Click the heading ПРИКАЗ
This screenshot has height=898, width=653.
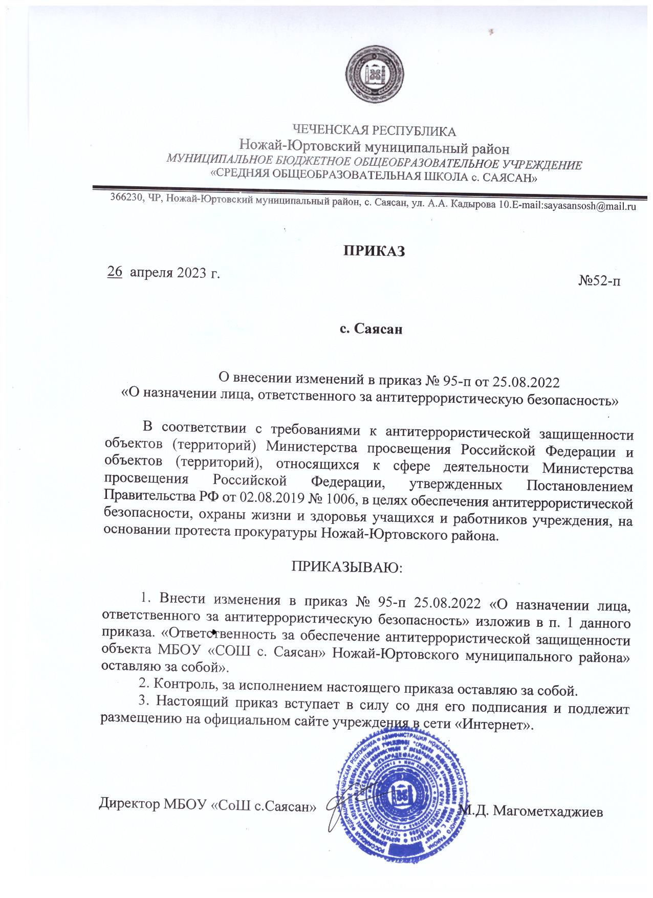pos(374,252)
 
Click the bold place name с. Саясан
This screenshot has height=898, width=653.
pos(372,328)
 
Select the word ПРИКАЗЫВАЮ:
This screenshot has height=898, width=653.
pos(347,567)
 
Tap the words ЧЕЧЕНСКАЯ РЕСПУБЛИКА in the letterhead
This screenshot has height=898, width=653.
pos(374,132)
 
